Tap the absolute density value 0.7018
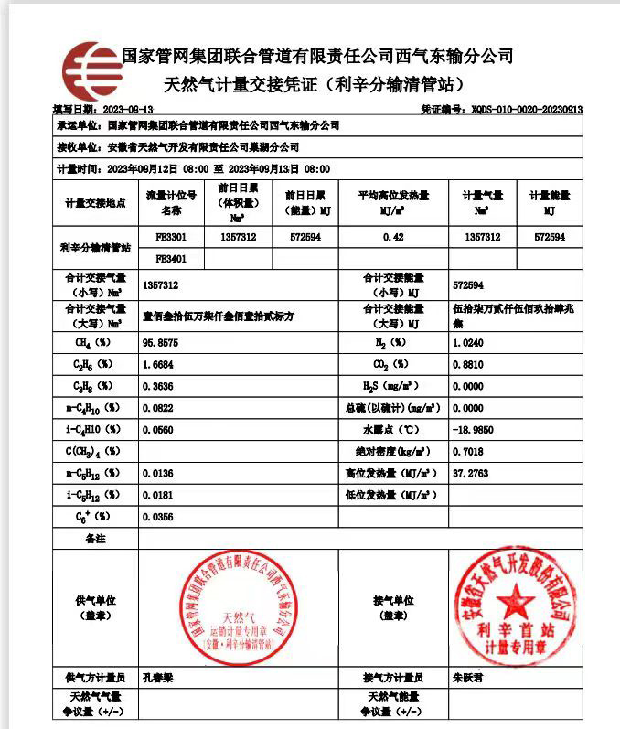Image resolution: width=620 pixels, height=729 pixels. click(x=468, y=452)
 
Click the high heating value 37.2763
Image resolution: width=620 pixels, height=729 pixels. click(x=470, y=474)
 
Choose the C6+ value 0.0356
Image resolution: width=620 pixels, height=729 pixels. click(x=157, y=517)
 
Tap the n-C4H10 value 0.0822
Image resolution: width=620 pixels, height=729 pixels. click(x=157, y=408)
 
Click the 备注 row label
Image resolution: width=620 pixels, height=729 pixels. click(x=95, y=539)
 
